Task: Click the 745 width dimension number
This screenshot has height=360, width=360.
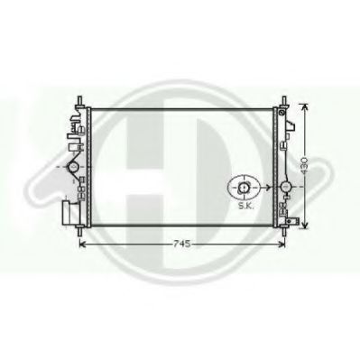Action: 181,245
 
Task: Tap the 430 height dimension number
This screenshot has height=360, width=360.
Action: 304,165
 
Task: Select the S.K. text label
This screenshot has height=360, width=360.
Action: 246,207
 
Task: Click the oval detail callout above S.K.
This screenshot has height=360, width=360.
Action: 244,188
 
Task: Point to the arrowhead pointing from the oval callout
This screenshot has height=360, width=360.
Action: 267,188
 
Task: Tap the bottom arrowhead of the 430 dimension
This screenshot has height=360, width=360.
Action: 305,224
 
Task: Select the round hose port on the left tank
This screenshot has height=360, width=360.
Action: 73,166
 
